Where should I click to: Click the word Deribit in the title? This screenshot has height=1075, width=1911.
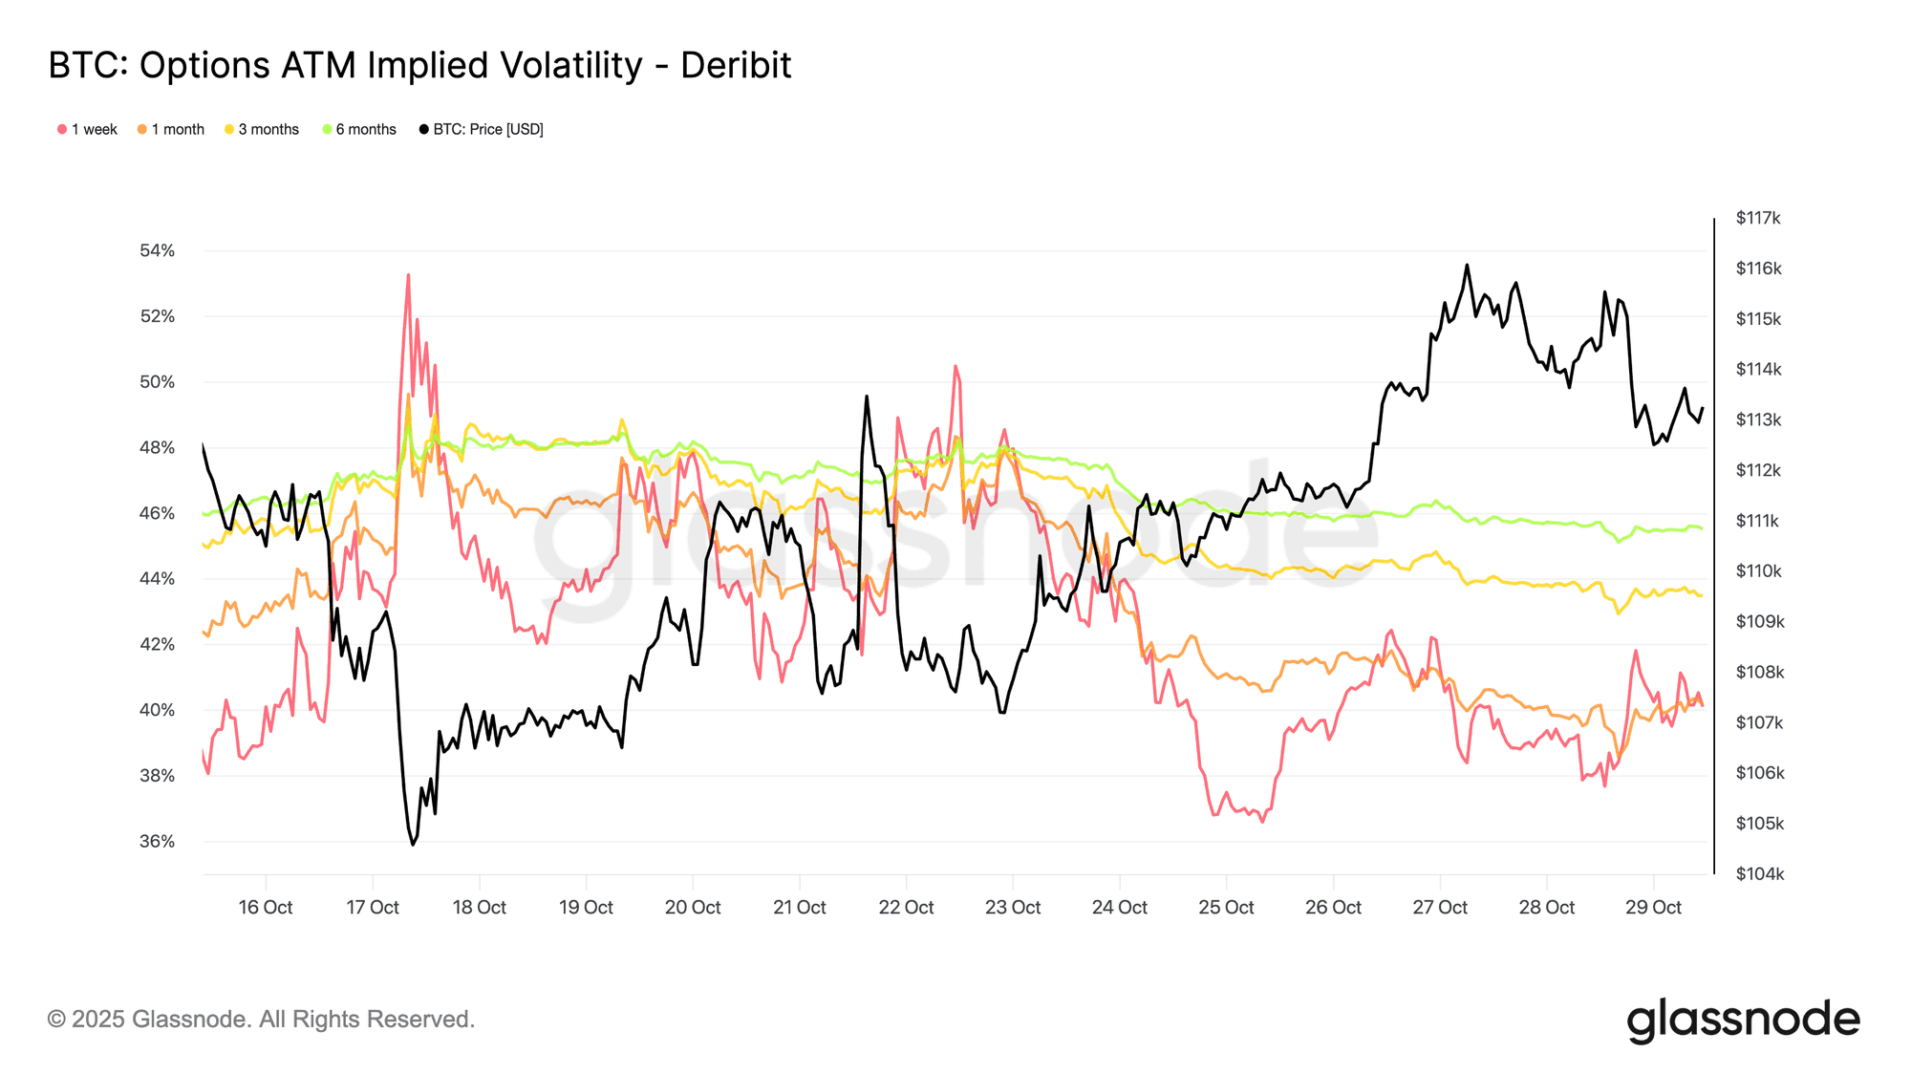pyautogui.click(x=736, y=66)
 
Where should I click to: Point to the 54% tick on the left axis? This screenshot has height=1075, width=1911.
pyautogui.click(x=157, y=250)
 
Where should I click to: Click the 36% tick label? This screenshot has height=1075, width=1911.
pyautogui.click(x=157, y=841)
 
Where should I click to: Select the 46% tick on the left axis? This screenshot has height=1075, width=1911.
pyautogui.click(x=157, y=513)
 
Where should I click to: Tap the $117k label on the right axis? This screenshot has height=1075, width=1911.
pyautogui.click(x=1758, y=218)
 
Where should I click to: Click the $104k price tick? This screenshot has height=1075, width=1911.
pyautogui.click(x=1759, y=873)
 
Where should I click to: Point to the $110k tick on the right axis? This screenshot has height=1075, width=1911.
pyautogui.click(x=1758, y=570)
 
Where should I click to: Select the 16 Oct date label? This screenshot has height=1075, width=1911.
pyautogui.click(x=266, y=907)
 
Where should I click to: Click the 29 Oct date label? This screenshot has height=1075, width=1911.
pyautogui.click(x=1653, y=907)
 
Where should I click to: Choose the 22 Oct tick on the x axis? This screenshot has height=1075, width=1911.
pyautogui.click(x=906, y=907)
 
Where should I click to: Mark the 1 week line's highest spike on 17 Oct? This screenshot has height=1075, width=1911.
pyautogui.click(x=408, y=275)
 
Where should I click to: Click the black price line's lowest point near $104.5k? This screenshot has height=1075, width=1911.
pyautogui.click(x=413, y=844)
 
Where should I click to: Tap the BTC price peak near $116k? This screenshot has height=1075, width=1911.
pyautogui.click(x=1467, y=265)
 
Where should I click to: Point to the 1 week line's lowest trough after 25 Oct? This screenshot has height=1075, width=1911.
pyautogui.click(x=1261, y=821)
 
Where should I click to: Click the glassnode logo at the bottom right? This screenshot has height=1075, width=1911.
pyautogui.click(x=1743, y=1020)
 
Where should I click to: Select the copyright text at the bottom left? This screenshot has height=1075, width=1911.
pyautogui.click(x=261, y=1020)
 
